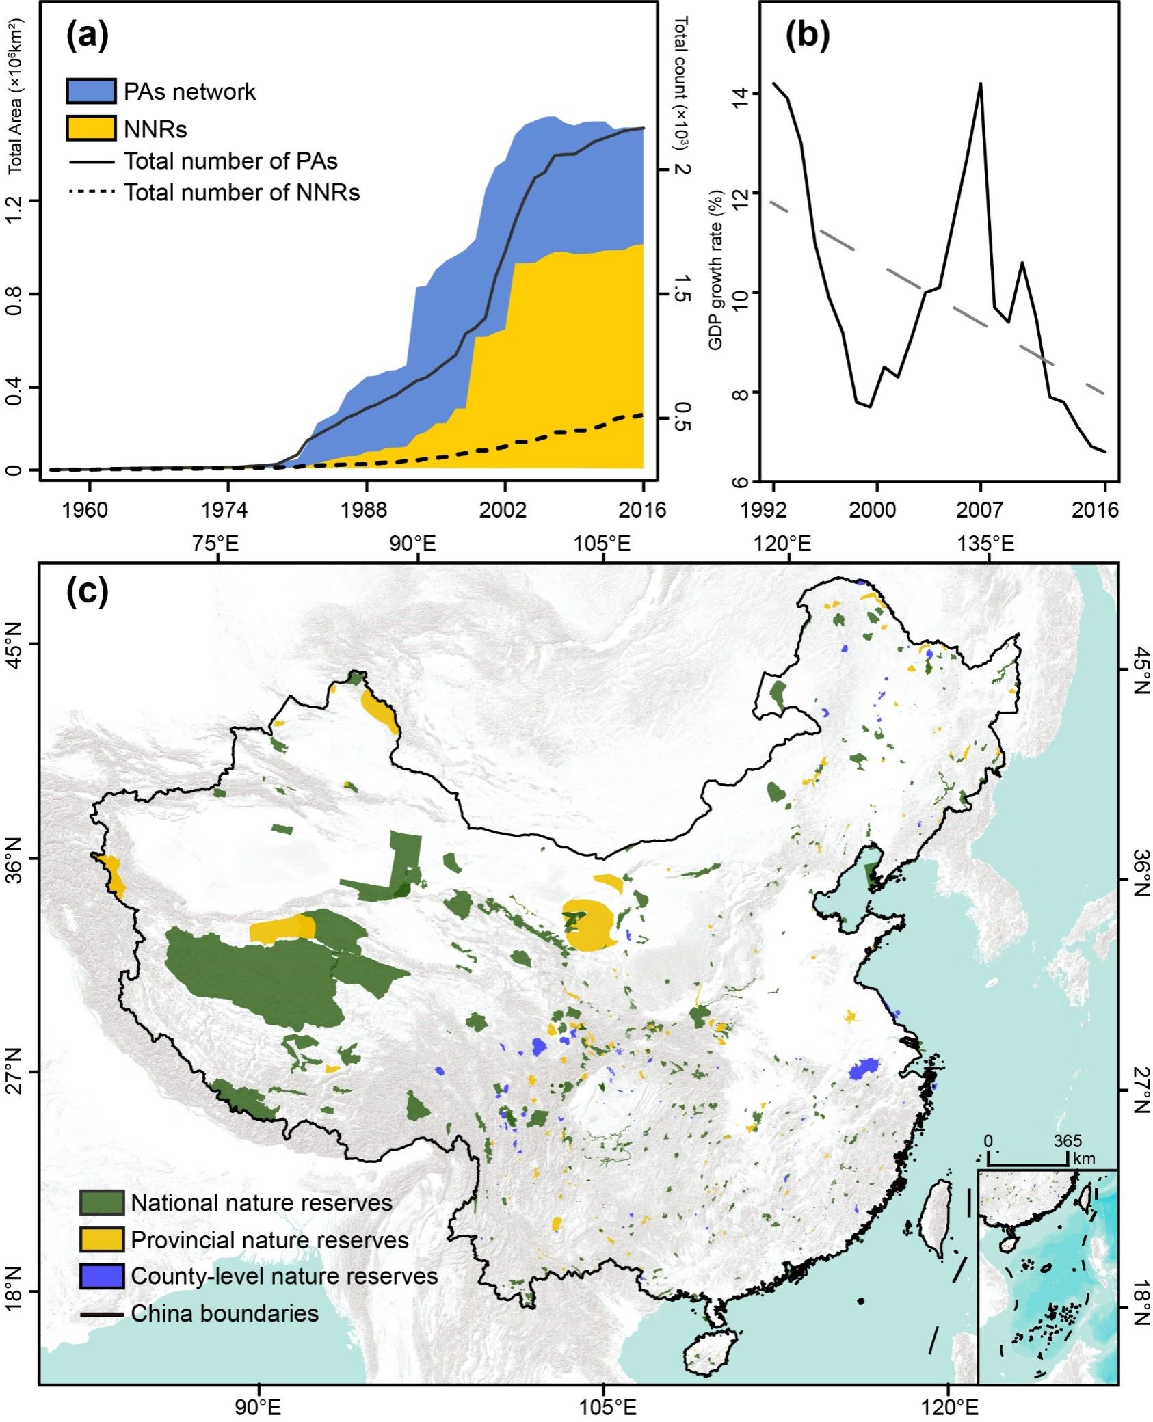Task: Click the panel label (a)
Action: [87, 36]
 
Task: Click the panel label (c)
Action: [87, 592]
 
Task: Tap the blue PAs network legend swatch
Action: [91, 91]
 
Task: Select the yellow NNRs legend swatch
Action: [91, 129]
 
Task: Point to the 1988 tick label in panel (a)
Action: [367, 510]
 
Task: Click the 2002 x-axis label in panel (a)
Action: [504, 510]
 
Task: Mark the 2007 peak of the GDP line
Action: [981, 84]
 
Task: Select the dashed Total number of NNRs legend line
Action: [91, 192]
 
